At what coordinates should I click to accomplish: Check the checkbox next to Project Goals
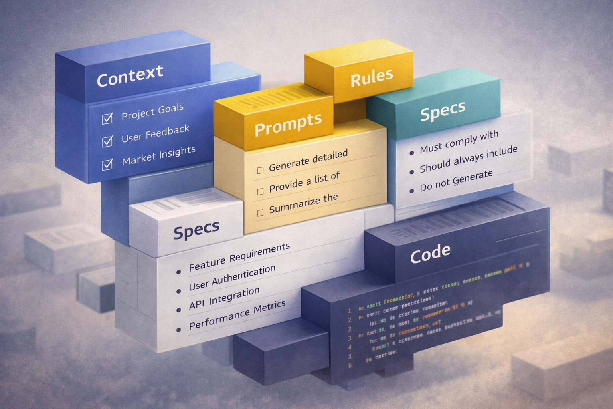click(x=107, y=119)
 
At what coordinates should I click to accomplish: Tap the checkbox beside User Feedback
click(x=107, y=141)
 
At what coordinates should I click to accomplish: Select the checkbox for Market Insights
click(x=107, y=164)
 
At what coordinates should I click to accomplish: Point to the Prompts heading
click(x=288, y=124)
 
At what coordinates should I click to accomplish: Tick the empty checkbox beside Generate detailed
click(x=260, y=171)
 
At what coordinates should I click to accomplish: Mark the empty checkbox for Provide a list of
click(x=260, y=192)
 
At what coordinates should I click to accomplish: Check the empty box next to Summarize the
click(x=260, y=213)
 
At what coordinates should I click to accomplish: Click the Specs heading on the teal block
click(x=443, y=111)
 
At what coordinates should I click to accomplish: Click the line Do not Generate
click(x=456, y=181)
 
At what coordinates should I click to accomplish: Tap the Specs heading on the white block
click(x=196, y=230)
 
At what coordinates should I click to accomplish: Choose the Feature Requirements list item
click(x=239, y=256)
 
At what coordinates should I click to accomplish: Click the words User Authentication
click(x=232, y=278)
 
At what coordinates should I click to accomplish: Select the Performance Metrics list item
click(x=237, y=314)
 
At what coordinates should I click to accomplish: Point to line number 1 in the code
click(x=349, y=310)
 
